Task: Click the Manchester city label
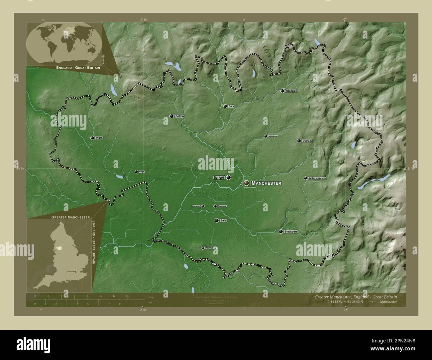coord(267,183)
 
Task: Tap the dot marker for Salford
coord(229,178)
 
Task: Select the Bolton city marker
coord(171,116)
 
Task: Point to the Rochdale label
coord(291,91)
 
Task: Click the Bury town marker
coord(225,106)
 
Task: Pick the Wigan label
coord(99,138)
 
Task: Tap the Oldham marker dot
coord(299,141)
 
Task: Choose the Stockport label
coord(291,231)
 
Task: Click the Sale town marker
coord(217,220)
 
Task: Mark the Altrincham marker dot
coord(203,248)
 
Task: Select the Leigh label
coord(142,172)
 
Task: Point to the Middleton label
coord(273,136)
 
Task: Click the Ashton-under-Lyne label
coord(317,178)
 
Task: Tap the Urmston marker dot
coord(203,206)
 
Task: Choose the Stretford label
coord(222,206)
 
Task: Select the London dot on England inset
coord(75,272)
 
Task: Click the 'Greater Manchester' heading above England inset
coord(70,217)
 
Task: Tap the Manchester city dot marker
coord(246,183)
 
